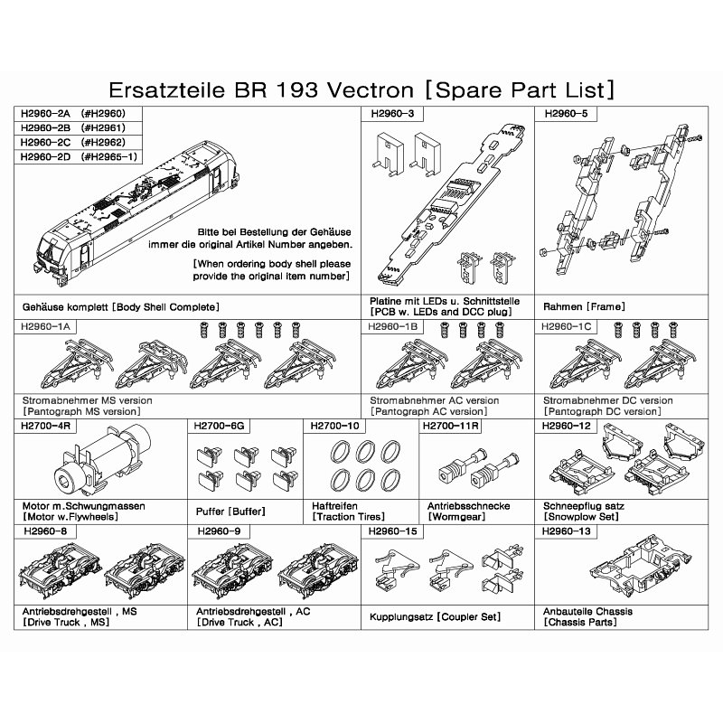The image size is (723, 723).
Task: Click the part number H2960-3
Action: (392, 114)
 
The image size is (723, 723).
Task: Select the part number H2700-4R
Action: (46, 426)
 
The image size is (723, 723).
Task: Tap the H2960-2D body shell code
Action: (46, 156)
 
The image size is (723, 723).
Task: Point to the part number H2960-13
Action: (566, 531)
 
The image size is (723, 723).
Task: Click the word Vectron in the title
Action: (371, 89)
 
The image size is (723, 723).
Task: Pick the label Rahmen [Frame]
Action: (584, 306)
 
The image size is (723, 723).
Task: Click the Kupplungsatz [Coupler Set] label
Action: (435, 617)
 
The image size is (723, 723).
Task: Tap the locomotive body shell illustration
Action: (137, 211)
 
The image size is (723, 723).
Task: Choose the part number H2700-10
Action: (334, 426)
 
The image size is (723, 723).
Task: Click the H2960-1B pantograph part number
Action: (392, 327)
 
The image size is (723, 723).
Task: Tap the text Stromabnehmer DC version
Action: (607, 400)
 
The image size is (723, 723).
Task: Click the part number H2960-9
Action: (219, 531)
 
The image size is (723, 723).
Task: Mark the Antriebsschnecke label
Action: (468, 506)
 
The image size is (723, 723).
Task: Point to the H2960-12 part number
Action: (566, 426)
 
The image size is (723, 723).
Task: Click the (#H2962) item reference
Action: (103, 143)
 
